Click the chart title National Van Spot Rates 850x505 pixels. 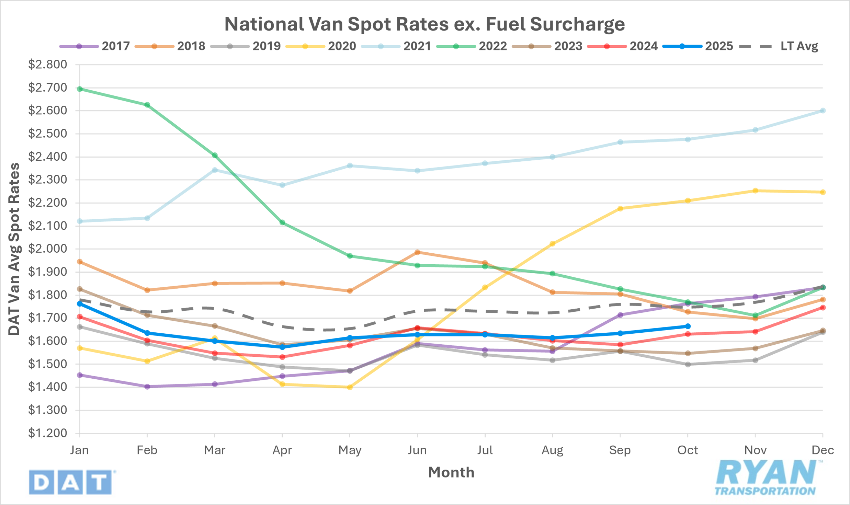(424, 24)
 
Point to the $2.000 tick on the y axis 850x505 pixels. (47, 249)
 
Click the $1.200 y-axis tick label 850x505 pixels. (47, 433)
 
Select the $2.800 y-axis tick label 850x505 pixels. (47, 65)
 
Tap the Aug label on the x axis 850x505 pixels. (552, 450)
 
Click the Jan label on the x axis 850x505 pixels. (79, 450)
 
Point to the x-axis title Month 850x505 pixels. (451, 472)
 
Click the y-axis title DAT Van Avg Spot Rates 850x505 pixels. (14, 249)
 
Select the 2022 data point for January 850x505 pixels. (80, 89)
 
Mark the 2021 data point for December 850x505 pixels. (823, 111)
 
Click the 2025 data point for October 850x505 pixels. (688, 326)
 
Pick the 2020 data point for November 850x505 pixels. (755, 191)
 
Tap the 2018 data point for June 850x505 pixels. (417, 252)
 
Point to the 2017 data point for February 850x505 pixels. (147, 387)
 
